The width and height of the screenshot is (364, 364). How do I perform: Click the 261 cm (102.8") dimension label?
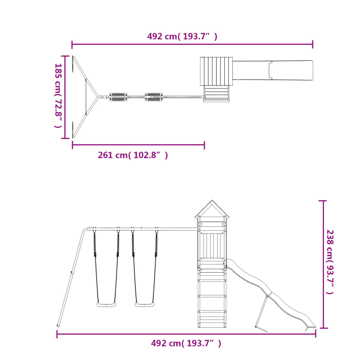tap(133, 155)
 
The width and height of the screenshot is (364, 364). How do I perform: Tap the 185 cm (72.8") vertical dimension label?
tap(58, 95)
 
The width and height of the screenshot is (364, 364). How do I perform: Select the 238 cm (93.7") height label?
tap(330, 262)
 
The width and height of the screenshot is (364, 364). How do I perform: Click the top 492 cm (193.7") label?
tap(182, 37)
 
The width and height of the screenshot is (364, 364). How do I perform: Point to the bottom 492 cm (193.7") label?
tap(186, 343)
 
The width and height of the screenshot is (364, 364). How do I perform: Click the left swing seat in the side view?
tap(106, 305)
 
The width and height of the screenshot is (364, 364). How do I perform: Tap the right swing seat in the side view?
tap(144, 305)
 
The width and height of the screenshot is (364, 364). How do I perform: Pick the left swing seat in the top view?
tap(118, 97)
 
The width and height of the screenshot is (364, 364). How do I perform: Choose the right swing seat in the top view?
tap(154, 97)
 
